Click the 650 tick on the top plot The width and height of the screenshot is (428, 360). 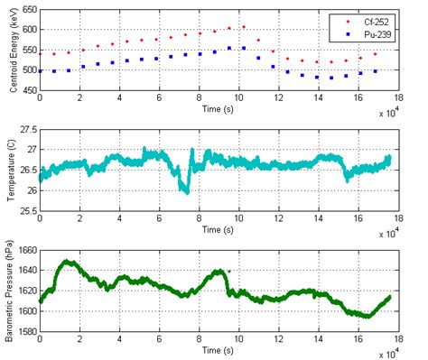click(x=27, y=8)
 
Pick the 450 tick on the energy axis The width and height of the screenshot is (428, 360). click(x=27, y=92)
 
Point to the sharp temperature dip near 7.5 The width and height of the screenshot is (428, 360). click(x=186, y=191)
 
